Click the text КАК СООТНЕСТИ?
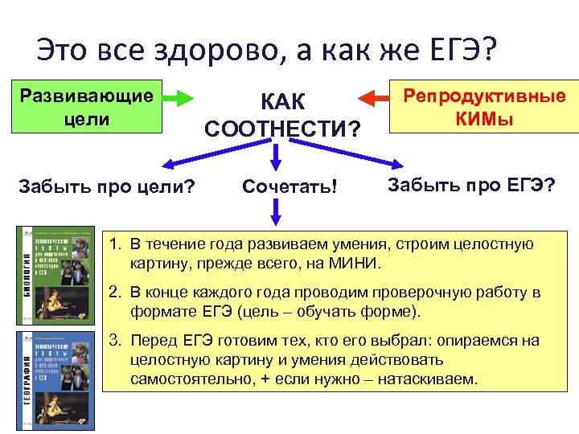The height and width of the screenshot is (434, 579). tap(282, 114)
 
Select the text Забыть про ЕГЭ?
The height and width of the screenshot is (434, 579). tap(471, 185)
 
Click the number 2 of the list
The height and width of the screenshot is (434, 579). tap(114, 293)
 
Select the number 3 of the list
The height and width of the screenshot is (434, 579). tap(114, 341)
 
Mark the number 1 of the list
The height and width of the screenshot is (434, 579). tap(114, 244)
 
